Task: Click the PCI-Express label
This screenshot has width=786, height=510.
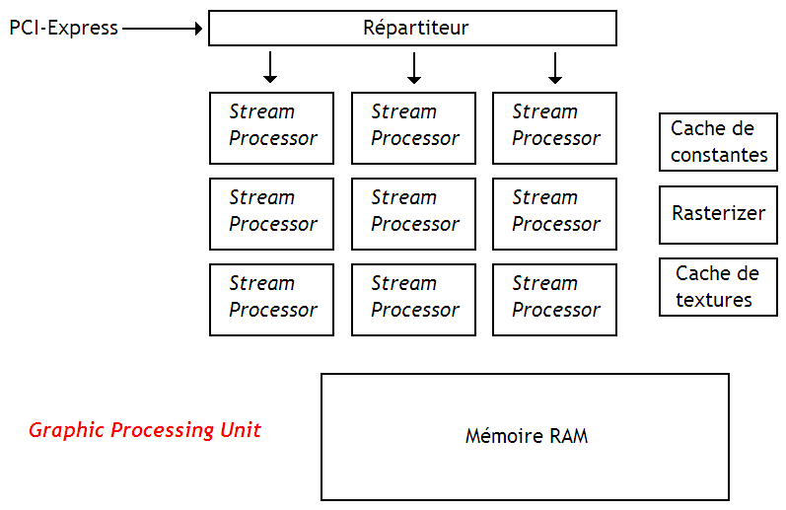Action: tap(63, 29)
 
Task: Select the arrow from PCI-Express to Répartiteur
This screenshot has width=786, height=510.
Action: tap(163, 29)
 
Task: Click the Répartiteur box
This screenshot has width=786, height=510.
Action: tap(412, 29)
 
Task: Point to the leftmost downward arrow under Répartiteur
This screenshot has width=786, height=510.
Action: tap(270, 67)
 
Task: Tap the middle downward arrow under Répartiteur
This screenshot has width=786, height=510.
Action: tap(414, 67)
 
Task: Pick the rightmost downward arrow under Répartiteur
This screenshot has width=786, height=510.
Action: tap(555, 67)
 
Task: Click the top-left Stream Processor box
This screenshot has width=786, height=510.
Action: tap(271, 127)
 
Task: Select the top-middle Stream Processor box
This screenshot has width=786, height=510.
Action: tap(413, 127)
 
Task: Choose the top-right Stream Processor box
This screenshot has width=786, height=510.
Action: tap(554, 127)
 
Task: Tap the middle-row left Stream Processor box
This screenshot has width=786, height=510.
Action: tap(271, 213)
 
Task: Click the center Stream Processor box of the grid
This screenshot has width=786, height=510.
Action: tap(413, 213)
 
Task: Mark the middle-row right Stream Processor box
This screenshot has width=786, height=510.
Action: tap(554, 213)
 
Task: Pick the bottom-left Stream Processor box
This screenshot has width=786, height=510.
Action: tap(271, 299)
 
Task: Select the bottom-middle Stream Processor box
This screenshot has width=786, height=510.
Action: tap(413, 299)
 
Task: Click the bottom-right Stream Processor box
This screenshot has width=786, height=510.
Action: tap(554, 299)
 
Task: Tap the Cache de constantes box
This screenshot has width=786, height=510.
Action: tap(718, 141)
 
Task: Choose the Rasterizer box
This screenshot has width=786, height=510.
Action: tap(718, 214)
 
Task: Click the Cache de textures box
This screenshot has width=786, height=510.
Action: tap(718, 287)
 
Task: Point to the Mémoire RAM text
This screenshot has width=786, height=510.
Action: tap(526, 436)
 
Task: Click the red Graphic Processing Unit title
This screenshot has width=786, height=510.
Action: tap(145, 431)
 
